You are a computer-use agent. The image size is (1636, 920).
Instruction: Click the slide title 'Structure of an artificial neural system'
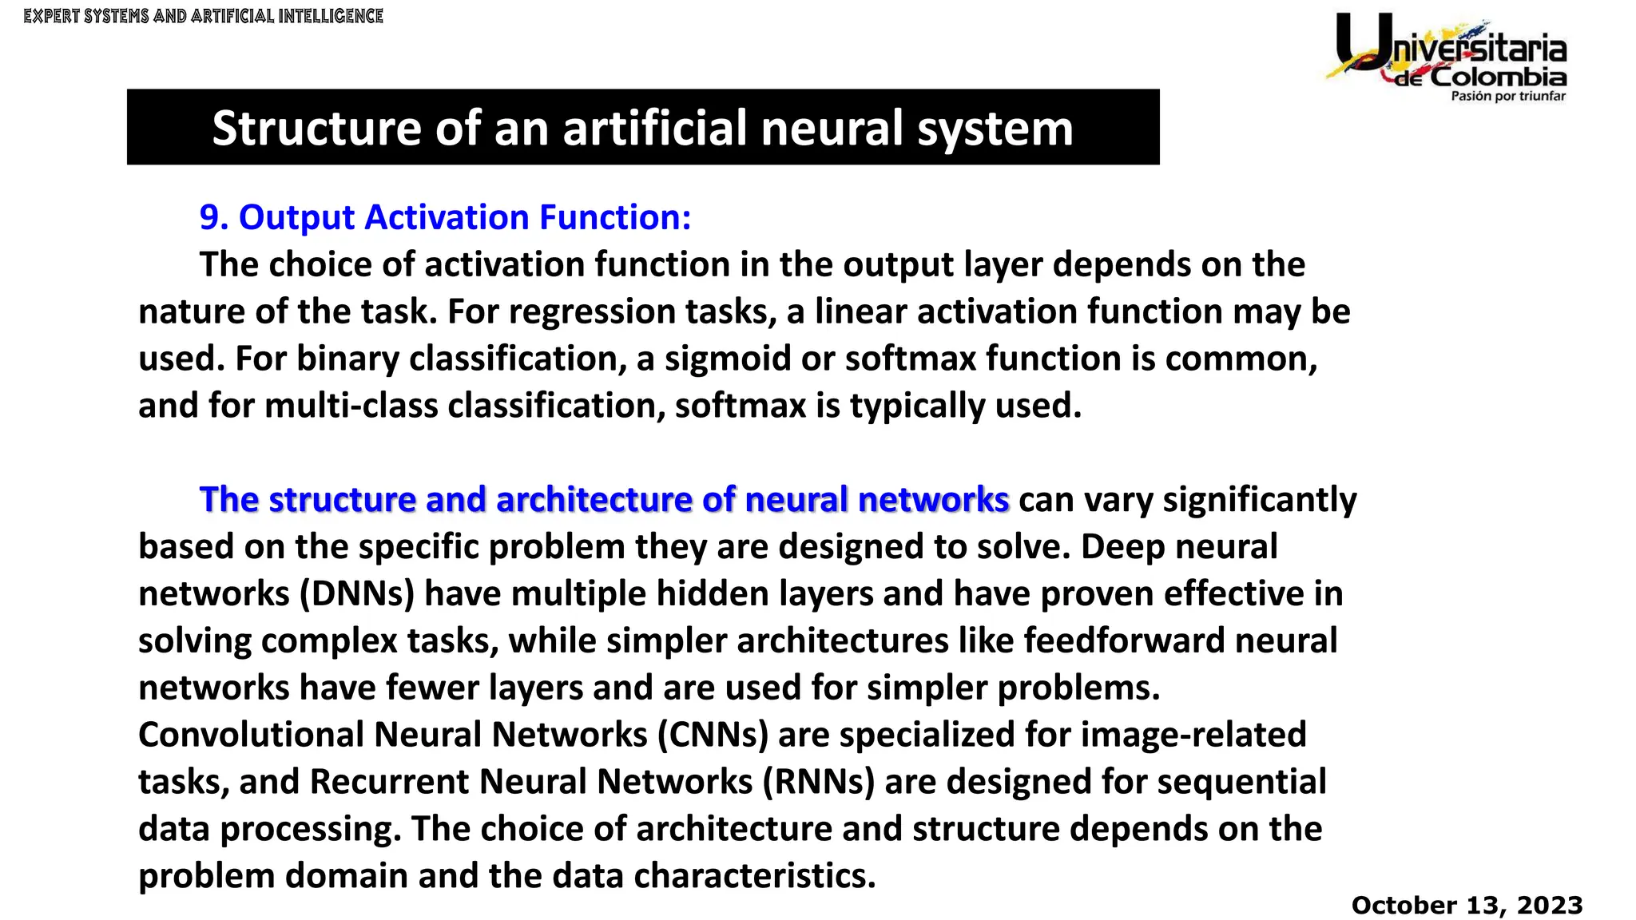click(x=642, y=128)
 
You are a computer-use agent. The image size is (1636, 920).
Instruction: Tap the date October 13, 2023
click(x=1467, y=905)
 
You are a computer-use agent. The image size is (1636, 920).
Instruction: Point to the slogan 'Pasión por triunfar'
click(x=1508, y=97)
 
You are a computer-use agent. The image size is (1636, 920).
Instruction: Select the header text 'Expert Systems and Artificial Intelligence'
click(x=204, y=16)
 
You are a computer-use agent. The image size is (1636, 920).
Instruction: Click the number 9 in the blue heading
click(x=209, y=217)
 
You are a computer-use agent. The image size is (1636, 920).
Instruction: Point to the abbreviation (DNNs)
click(x=357, y=594)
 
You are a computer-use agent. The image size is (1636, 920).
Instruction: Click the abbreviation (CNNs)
click(x=713, y=735)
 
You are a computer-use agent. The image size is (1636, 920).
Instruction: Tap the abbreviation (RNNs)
click(x=819, y=782)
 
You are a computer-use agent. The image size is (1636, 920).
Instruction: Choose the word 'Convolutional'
click(x=251, y=735)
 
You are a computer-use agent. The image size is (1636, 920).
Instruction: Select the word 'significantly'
click(x=1259, y=500)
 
